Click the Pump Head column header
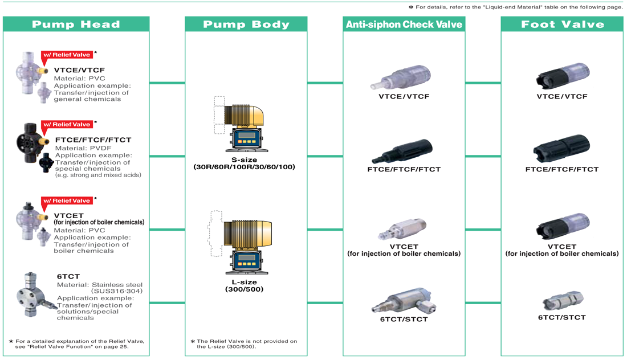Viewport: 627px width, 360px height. [x=76, y=24]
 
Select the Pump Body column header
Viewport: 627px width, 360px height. [x=246, y=24]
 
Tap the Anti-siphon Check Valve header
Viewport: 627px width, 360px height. [x=404, y=24]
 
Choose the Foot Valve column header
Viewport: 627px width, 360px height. [x=562, y=24]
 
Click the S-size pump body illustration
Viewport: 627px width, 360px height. [x=242, y=124]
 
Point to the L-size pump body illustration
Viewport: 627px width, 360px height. [x=241, y=242]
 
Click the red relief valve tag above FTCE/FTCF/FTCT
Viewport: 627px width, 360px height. [x=67, y=124]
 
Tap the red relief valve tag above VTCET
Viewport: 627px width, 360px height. [x=67, y=201]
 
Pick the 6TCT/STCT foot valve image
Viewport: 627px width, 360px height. [x=563, y=301]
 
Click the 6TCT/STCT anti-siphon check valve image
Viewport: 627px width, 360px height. [x=404, y=300]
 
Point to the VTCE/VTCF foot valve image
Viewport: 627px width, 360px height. [x=563, y=76]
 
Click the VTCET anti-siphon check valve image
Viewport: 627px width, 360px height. [x=402, y=229]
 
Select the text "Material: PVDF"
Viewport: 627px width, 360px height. [x=83, y=148]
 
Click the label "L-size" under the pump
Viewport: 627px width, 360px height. [x=245, y=282]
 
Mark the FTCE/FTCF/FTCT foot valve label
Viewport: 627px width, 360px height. [x=562, y=169]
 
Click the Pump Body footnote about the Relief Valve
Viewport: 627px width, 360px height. [x=244, y=343]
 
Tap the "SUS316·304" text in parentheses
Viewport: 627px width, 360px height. [x=117, y=291]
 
